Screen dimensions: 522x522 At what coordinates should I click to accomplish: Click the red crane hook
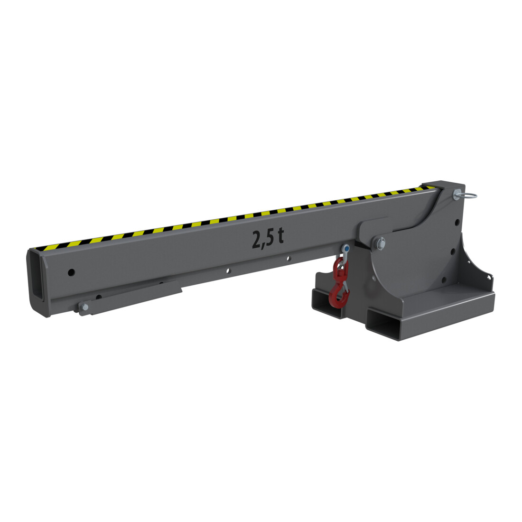pyautogui.click(x=339, y=283)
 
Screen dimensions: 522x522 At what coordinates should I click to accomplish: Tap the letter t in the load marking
pyautogui.click(x=280, y=235)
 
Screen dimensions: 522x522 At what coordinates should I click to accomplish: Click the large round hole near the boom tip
pyautogui.click(x=71, y=273)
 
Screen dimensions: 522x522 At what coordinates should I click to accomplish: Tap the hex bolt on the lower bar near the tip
pyautogui.click(x=84, y=307)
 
